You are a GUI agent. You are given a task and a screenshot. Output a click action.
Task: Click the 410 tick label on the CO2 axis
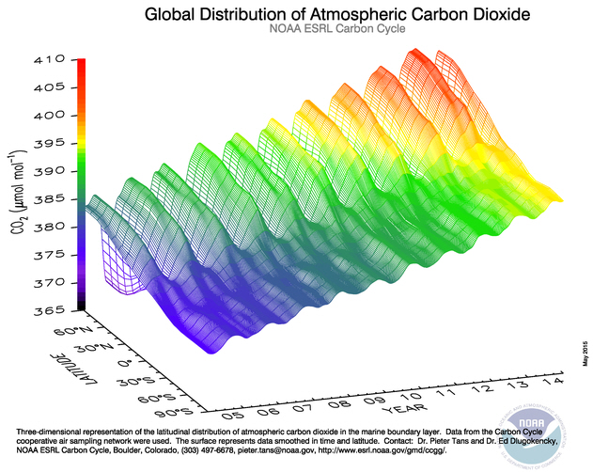pyautogui.click(x=49, y=60)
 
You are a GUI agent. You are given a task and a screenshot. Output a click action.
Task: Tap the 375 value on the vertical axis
pyautogui.click(x=49, y=255)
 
